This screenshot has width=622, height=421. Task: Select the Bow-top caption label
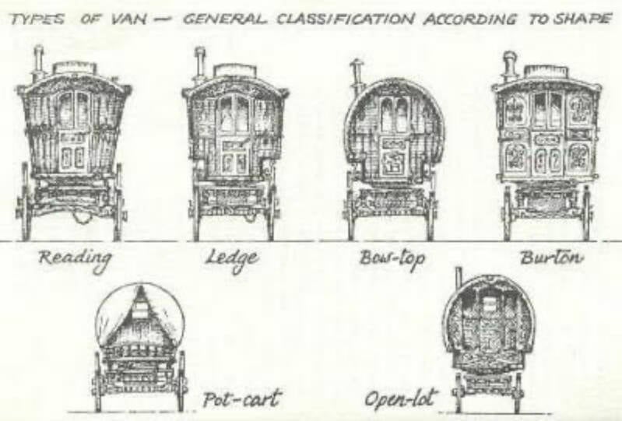pyautogui.click(x=392, y=259)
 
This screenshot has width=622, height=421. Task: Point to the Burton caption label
pyautogui.click(x=550, y=257)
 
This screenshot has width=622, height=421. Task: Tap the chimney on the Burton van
pyautogui.click(x=510, y=65)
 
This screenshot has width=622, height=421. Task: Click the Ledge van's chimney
pyautogui.click(x=199, y=63)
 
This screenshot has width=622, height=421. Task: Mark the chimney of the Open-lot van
pyautogui.click(x=459, y=278)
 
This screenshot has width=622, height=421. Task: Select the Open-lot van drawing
pyautogui.click(x=488, y=339)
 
